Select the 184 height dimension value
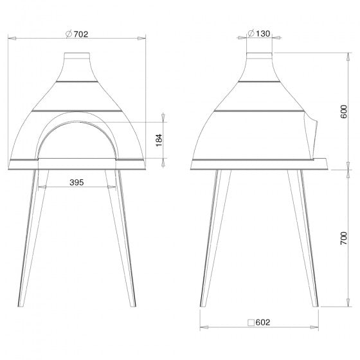(159, 140)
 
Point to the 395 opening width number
(76, 183)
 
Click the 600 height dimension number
(344, 112)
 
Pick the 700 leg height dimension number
(344, 238)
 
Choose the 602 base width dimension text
(263, 322)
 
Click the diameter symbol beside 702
(69, 34)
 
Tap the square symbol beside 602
(251, 323)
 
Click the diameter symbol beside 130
(251, 33)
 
